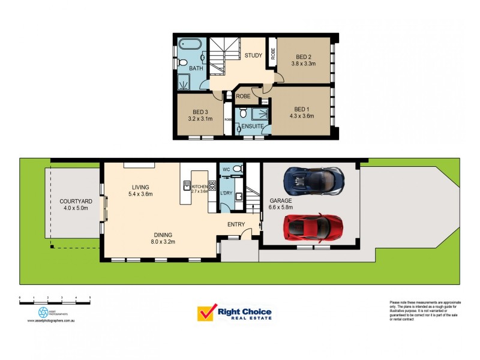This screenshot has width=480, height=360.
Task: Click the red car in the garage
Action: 313,227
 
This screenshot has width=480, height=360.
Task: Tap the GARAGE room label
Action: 280,201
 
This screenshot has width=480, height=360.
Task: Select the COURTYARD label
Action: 76,201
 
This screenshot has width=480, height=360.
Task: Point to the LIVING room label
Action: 140,187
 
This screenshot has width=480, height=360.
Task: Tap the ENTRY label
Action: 236,224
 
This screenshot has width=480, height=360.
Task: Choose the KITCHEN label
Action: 200,187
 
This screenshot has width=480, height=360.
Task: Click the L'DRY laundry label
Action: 226,193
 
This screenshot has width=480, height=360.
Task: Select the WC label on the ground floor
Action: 226,170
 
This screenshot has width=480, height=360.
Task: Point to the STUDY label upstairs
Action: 253,55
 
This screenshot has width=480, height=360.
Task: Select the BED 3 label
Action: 200,112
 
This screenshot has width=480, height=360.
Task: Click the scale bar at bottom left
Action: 55,298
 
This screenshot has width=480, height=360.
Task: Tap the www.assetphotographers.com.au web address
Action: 54,321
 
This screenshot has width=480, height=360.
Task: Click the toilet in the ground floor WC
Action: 236,169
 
